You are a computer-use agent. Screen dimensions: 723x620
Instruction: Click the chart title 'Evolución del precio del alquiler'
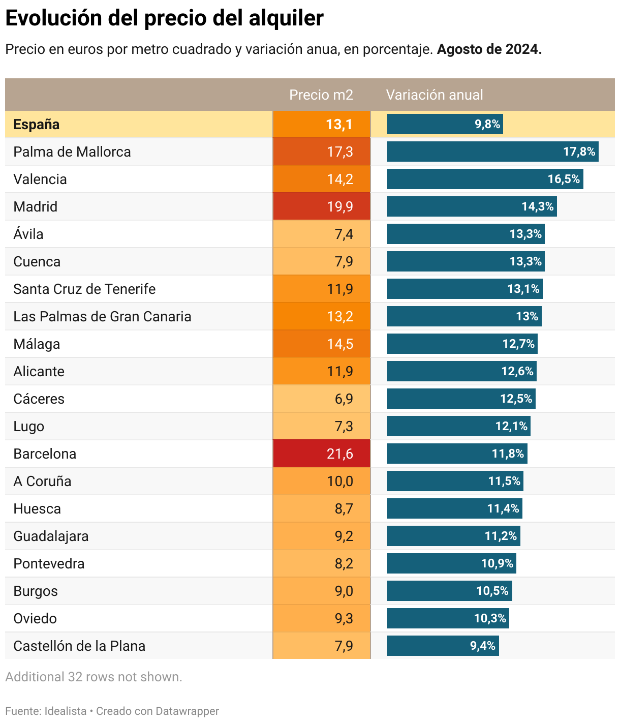[164, 19]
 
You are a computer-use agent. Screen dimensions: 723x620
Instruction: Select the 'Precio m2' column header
[321, 95]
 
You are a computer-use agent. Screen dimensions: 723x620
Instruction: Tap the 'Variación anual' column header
[434, 95]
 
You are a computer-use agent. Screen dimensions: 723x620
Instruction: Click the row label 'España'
[37, 125]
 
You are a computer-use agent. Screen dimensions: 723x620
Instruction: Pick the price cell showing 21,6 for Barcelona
[322, 454]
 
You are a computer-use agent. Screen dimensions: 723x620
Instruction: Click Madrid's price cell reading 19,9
[322, 206]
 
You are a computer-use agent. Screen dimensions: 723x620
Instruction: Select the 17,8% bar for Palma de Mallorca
[492, 152]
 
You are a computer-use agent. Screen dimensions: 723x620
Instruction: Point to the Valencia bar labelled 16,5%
[485, 179]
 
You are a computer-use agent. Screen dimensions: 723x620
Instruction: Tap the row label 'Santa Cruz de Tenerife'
[84, 289]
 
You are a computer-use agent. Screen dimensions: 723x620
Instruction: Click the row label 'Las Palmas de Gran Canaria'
[102, 316]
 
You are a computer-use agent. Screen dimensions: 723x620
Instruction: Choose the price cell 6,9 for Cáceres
[322, 399]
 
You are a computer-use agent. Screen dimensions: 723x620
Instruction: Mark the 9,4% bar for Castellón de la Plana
[443, 646]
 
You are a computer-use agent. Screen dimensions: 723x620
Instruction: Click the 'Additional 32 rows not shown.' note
[94, 677]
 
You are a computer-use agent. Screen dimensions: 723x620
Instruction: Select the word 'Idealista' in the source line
[66, 711]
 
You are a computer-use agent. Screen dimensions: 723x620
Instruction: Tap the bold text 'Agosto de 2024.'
[489, 49]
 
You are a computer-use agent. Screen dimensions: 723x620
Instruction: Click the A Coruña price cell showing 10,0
[322, 481]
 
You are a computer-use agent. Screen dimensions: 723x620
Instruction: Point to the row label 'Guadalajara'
[51, 536]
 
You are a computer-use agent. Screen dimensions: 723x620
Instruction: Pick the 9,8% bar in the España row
[445, 124]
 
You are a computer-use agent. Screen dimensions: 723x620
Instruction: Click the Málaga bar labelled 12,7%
[462, 344]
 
